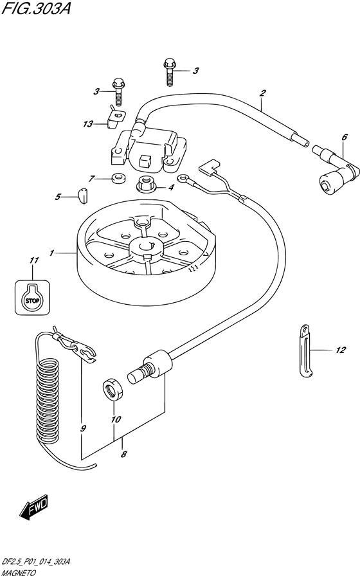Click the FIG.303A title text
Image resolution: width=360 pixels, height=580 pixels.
click(x=35, y=8)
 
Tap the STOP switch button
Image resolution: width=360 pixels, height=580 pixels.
click(x=32, y=297)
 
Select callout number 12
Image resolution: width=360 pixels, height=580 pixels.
click(x=340, y=350)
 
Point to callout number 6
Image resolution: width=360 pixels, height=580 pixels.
click(x=345, y=137)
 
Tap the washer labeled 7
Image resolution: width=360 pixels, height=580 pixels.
click(x=118, y=179)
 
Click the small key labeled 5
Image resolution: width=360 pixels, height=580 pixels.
click(x=84, y=195)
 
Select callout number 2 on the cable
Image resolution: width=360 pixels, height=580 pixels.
click(x=262, y=93)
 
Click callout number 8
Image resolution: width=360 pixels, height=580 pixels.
click(x=123, y=454)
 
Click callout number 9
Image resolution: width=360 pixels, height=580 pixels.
click(x=83, y=428)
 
